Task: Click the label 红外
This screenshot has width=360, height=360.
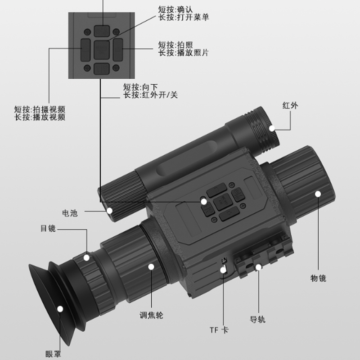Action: coord(290,106)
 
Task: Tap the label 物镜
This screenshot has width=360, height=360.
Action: coord(318,278)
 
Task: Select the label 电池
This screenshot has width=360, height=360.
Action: coord(70,213)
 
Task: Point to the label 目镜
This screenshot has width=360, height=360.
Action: coord(48,229)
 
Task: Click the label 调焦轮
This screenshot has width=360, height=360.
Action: coord(152,315)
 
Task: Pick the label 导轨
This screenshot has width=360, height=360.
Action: coord(257,319)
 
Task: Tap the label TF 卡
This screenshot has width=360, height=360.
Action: coord(219,330)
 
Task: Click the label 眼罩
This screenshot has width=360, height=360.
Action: coord(53,354)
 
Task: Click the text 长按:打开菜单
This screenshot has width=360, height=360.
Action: coord(184,18)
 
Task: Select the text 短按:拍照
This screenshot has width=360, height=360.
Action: coord(175,45)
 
